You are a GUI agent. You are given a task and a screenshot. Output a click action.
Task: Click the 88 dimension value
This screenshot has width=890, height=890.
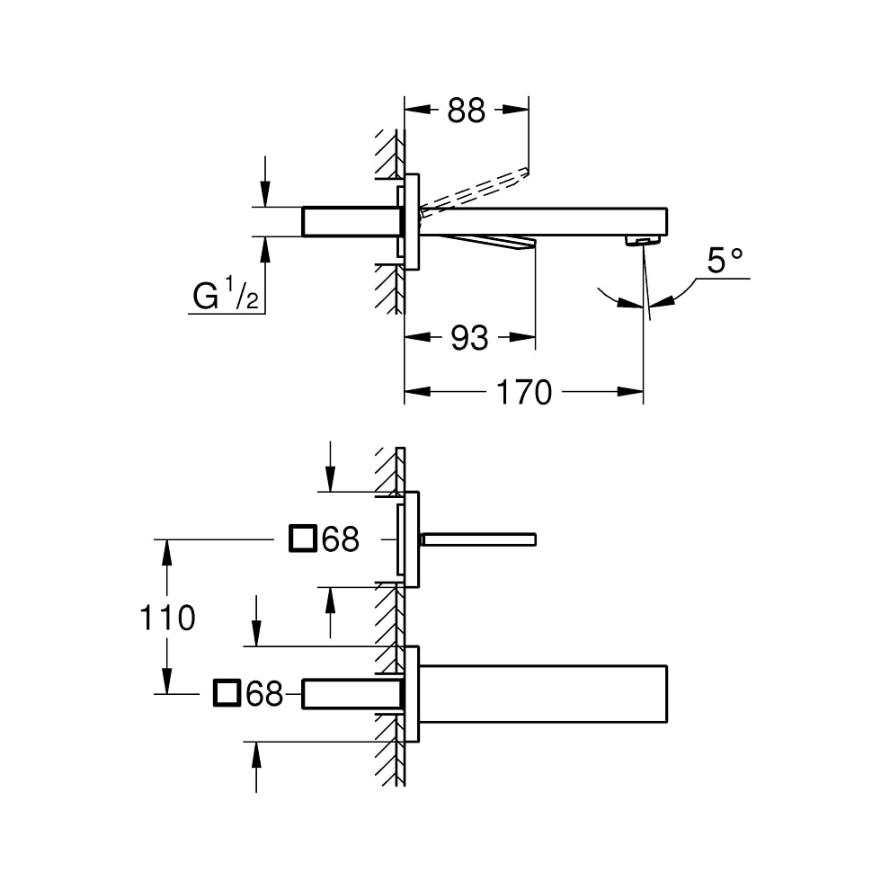466,110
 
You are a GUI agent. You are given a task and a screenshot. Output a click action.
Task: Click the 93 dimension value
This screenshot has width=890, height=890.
468,338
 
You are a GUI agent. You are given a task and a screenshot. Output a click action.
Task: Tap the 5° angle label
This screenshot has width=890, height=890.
725,261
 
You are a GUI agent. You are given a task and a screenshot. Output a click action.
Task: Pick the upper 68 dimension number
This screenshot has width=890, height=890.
341,539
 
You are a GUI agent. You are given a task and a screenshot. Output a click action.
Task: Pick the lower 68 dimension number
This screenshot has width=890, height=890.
265,693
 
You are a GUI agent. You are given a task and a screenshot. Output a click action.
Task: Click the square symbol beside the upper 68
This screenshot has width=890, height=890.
302,538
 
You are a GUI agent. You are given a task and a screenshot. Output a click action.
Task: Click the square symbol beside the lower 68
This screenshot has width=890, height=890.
227,693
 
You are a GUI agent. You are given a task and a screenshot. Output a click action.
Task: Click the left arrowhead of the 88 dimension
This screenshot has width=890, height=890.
416,110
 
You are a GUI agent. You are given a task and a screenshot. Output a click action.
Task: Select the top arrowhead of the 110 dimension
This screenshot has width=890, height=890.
166,549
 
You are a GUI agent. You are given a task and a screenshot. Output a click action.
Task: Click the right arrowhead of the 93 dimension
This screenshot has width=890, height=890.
525,338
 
